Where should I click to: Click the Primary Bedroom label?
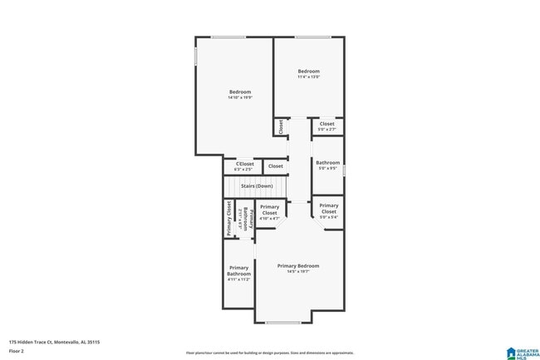coord(297,265)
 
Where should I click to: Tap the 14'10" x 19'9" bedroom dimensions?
coord(239,97)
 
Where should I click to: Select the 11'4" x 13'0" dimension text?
coord(308,77)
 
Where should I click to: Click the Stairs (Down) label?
coord(257,186)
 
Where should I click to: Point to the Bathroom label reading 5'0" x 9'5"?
coord(327,163)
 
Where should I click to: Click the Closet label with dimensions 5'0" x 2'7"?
coord(326,124)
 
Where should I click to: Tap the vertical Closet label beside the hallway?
coord(281,126)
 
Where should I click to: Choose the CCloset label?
coord(244,164)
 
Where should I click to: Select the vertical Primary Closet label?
coord(229,219)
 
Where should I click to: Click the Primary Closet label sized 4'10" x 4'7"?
coord(269,210)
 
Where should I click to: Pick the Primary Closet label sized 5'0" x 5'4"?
coord(328,208)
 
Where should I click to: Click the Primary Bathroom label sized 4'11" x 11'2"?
coord(238,271)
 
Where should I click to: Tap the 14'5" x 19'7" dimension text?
coord(297,271)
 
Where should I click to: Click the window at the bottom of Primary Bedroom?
coord(283,323)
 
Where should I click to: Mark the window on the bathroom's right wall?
coord(343,170)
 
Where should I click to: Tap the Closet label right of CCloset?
coord(275,166)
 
